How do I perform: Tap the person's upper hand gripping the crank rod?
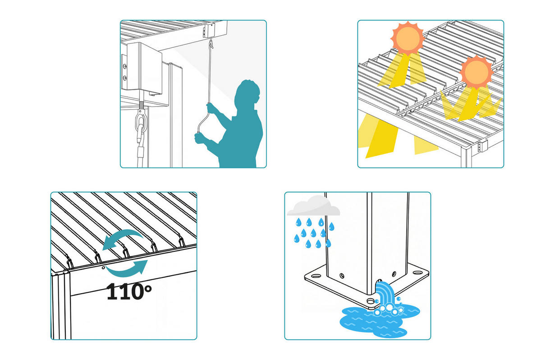[211, 108]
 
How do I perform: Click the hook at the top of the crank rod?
[211, 44]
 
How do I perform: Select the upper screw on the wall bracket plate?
[124, 66]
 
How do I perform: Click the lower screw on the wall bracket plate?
[124, 78]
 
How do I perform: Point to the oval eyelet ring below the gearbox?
[141, 121]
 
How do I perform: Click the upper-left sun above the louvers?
[408, 38]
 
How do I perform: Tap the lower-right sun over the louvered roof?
[477, 72]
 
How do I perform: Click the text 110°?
[129, 291]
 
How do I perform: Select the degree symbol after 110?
[148, 288]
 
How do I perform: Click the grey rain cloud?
[313, 206]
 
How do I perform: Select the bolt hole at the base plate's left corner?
[316, 276]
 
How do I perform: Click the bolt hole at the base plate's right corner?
[417, 273]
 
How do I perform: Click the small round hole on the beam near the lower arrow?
[103, 268]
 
